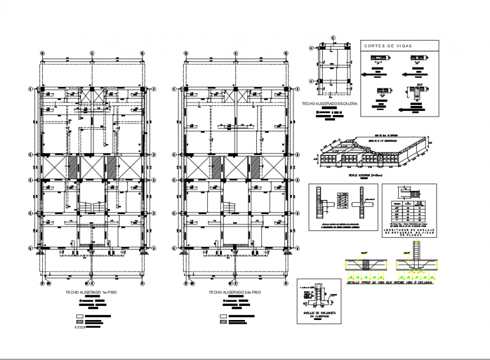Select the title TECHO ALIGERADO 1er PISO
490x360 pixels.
92,294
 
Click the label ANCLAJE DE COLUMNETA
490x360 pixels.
319,313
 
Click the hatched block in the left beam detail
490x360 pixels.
364,264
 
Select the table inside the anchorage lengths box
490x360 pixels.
409,210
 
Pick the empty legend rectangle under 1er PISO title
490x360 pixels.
79,317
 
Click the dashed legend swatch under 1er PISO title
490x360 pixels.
79,326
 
